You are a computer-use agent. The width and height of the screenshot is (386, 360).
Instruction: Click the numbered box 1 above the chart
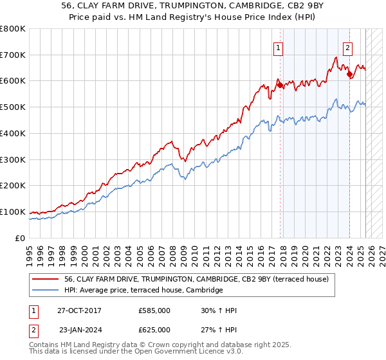(278, 47)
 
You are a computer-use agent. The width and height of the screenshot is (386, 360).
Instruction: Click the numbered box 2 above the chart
(347, 47)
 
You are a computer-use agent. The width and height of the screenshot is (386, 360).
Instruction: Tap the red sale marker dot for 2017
(280, 85)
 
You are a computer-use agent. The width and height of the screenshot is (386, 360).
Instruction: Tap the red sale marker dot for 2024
(349, 75)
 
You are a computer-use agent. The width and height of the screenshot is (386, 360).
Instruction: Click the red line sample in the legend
(46, 279)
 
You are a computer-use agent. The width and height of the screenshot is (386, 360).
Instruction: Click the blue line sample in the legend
(46, 291)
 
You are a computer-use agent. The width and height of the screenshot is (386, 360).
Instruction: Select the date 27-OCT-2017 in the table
(79, 310)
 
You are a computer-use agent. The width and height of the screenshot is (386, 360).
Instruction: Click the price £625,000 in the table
(154, 329)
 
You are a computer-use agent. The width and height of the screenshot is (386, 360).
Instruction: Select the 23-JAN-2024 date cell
(79, 329)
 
